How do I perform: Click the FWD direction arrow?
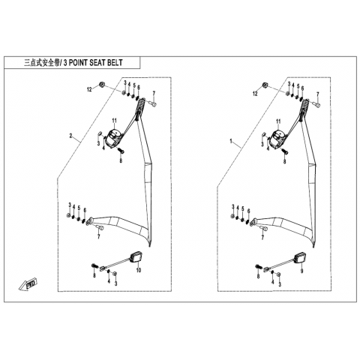coord(28,284)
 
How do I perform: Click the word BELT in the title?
coord(115,62)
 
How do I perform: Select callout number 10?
coord(139,270)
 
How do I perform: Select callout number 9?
coord(301,271)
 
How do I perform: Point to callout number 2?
coord(70,136)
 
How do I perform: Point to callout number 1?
coord(231,142)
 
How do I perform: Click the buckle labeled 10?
coord(136,257)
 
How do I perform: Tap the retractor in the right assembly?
coord(277,138)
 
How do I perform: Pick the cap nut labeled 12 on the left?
coord(102,85)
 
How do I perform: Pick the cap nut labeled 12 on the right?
coord(265,85)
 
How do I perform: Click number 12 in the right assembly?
coord(255,94)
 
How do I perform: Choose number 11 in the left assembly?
coord(114,121)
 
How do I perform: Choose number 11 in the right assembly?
coord(278,121)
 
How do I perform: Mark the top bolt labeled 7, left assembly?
coord(153,103)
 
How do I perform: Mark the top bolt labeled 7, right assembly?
coord(316,105)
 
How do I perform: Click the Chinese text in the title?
coord(42,62)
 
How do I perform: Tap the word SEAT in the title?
coord(97,62)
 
